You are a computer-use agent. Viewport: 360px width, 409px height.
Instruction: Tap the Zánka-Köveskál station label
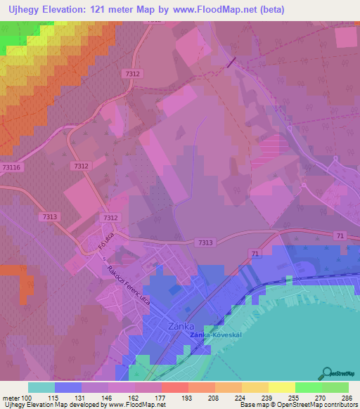[x=216, y=335]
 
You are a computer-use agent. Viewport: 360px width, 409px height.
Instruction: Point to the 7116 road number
[x=11, y=167]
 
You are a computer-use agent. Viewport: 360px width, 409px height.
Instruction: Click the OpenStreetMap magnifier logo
[x=328, y=372]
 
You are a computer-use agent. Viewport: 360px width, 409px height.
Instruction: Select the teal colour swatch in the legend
[x=41, y=387]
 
